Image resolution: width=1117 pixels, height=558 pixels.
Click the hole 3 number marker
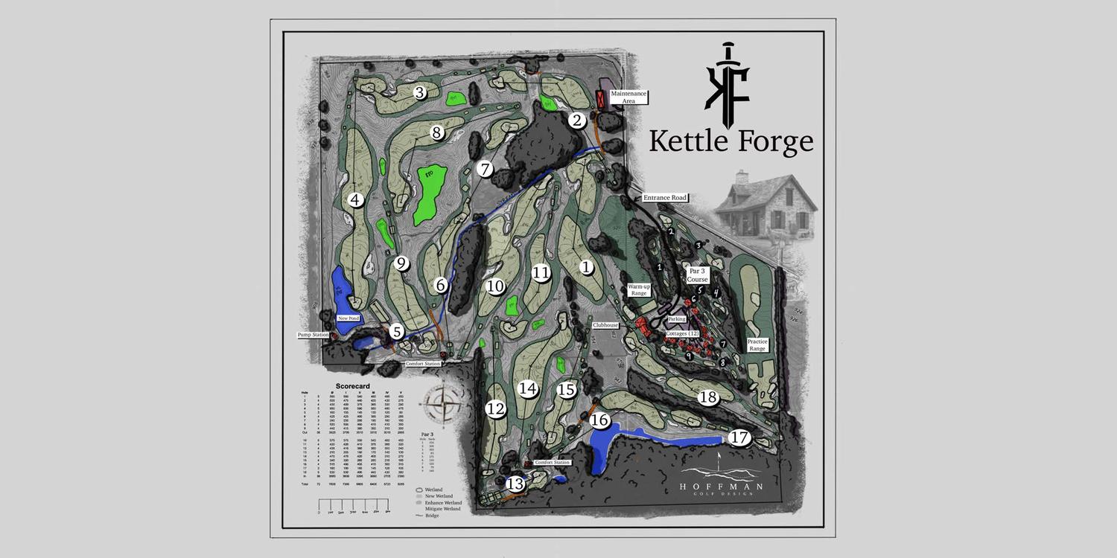420,93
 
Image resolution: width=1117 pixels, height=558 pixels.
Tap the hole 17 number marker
739,437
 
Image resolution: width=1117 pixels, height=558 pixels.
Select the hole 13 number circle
515,484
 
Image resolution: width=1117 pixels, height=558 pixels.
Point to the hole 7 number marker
486,169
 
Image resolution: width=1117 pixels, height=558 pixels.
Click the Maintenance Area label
628,97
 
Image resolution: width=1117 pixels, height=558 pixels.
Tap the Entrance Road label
665,198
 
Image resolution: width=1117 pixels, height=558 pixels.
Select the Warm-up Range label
638,289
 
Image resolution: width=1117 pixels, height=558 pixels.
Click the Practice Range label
757,345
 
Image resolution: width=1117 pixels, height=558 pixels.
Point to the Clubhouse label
606,325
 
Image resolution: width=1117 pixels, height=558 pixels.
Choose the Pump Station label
313,335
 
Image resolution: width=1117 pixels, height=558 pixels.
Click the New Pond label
349,318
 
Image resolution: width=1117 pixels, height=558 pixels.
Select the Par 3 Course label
697,276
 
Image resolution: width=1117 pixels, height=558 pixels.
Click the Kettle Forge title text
731,141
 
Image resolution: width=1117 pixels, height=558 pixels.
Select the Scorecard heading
352,386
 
